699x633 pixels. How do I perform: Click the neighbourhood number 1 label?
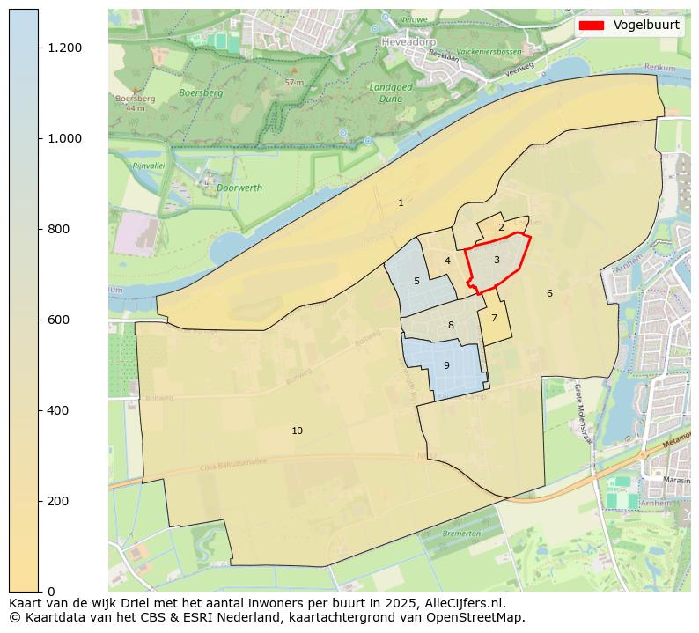401,202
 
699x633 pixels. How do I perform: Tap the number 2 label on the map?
501,227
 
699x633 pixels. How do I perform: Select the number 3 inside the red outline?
497,260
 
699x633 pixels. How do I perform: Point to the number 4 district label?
447,261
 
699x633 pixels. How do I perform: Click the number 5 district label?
416,282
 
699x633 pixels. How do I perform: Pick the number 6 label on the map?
549,293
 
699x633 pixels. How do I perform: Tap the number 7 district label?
494,319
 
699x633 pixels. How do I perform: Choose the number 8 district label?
451,325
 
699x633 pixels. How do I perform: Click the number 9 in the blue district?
446,365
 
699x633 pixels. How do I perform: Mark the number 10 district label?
298,431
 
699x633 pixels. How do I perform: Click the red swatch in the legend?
592,26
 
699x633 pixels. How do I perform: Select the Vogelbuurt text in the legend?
646,26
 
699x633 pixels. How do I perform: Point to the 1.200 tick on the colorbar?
64,48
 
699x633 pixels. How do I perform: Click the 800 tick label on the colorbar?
58,229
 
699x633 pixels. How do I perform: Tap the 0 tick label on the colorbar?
51,591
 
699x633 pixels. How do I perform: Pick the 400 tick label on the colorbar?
58,410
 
